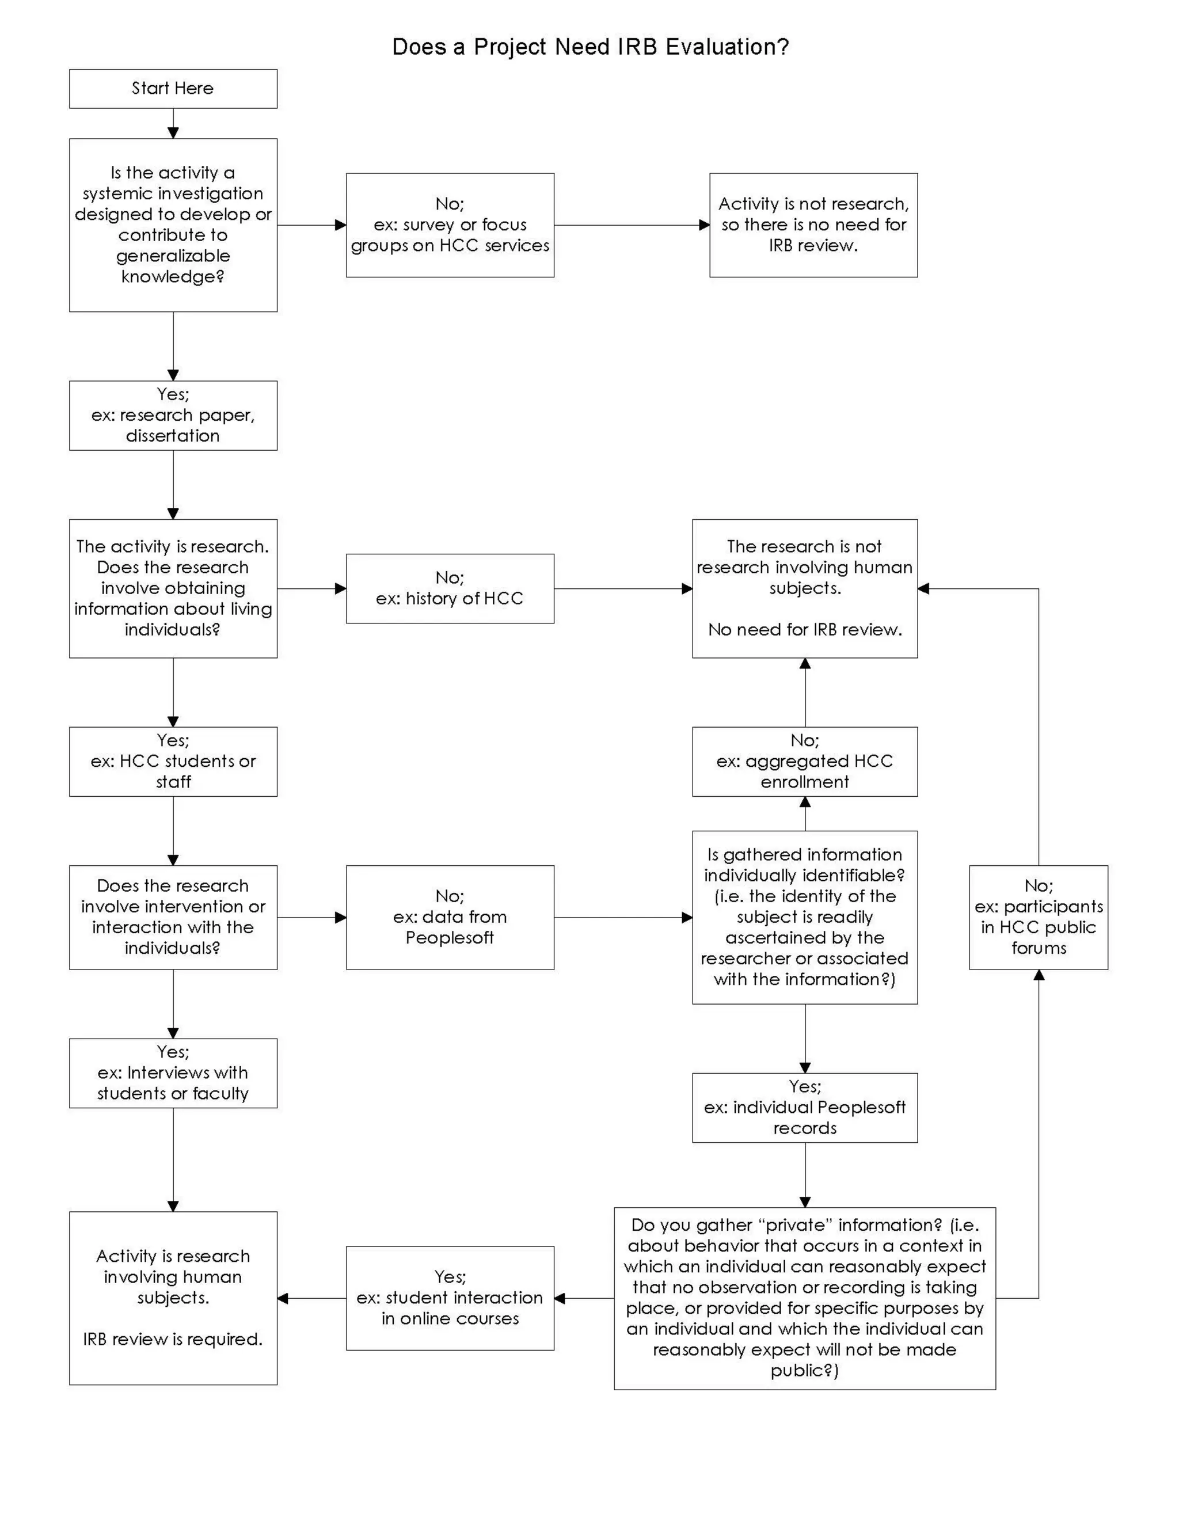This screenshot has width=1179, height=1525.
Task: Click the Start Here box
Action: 173,89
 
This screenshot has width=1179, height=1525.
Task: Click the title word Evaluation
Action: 727,47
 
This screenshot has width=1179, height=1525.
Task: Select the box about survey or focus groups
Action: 450,225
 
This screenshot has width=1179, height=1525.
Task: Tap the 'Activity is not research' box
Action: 813,225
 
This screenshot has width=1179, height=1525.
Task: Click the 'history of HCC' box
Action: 450,588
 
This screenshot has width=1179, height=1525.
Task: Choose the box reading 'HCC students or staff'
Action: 173,761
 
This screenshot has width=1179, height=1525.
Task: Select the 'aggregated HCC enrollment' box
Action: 805,761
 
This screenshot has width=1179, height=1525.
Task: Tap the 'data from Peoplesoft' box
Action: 450,917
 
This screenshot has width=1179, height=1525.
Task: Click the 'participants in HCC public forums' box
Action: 1038,917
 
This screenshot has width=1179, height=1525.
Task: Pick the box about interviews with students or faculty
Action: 173,1073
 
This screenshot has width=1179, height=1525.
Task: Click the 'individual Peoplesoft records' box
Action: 805,1108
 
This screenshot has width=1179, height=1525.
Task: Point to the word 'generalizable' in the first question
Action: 173,256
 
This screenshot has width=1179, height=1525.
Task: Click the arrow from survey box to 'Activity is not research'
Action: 632,225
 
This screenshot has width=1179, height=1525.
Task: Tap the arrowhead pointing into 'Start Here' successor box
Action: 173,132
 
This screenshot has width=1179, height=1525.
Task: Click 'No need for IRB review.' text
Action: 805,630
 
